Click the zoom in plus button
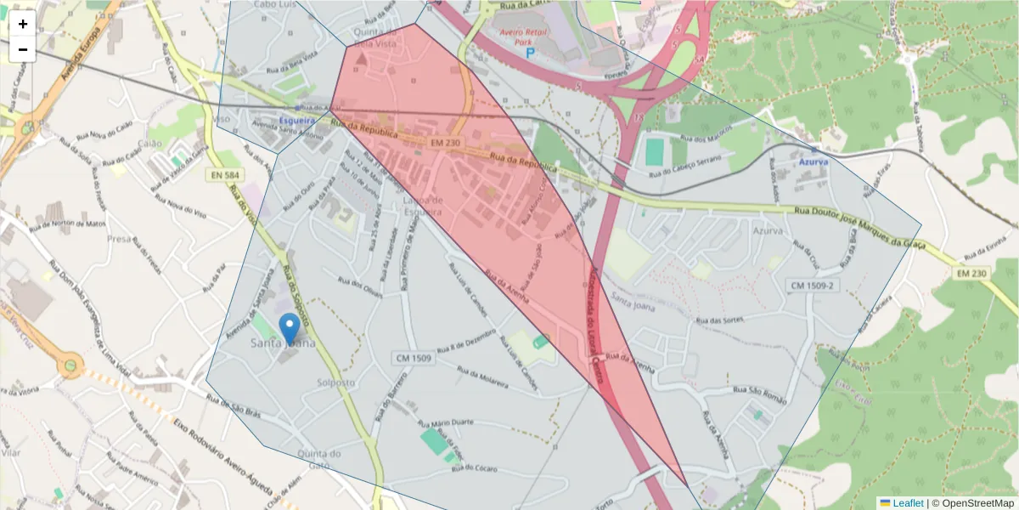point(22,24)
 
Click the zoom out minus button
point(22,49)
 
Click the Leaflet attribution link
point(907,503)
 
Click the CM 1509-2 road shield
point(813,285)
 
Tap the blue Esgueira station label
point(296,121)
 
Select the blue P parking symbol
point(531,53)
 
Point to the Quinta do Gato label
point(319,459)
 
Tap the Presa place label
point(119,239)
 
